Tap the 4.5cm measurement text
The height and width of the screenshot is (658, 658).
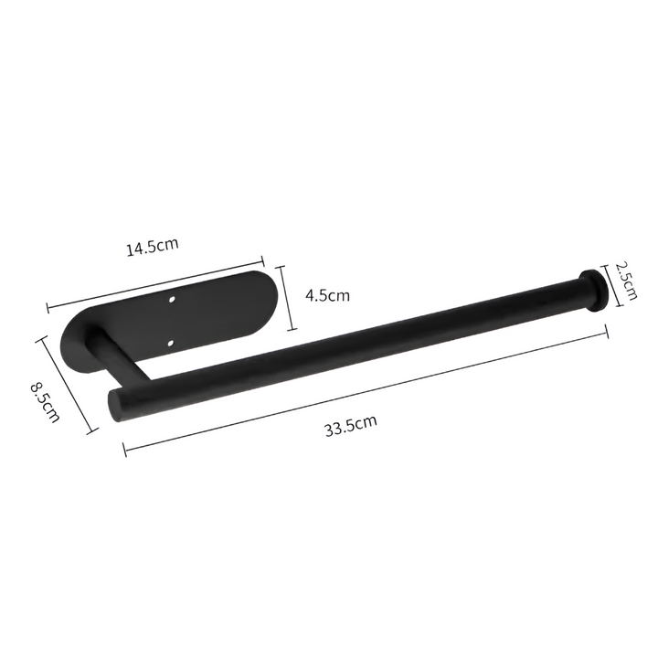tap(326, 295)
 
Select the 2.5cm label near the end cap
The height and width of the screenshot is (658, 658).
tap(624, 281)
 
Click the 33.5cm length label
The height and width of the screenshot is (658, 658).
tap(350, 426)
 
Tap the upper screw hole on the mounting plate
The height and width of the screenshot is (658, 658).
tap(176, 298)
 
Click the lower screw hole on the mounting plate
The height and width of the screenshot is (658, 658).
tap(173, 343)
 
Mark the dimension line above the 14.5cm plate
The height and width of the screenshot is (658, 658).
tap(155, 281)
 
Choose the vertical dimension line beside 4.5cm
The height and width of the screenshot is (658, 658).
tap(286, 298)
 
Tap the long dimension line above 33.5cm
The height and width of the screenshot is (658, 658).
tap(366, 390)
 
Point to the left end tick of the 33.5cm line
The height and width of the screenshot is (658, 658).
tap(123, 447)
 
